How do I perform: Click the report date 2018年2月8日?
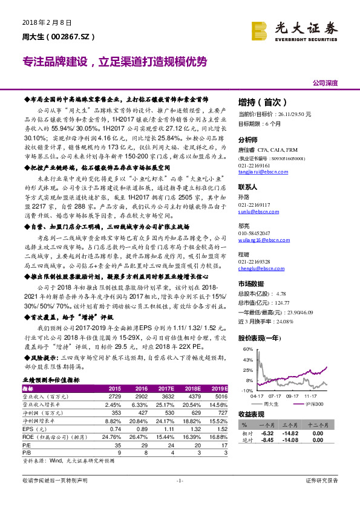tap(42, 22)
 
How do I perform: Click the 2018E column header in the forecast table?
tap(192, 388)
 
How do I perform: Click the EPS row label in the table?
tap(30, 429)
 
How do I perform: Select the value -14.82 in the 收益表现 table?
tap(292, 433)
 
